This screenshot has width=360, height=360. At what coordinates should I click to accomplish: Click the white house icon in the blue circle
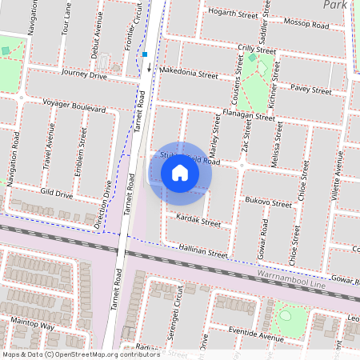(180, 172)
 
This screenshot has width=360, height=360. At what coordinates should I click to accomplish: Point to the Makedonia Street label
(189, 74)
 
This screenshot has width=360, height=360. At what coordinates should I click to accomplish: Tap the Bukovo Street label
(268, 204)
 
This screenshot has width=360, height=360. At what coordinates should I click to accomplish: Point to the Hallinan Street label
(203, 251)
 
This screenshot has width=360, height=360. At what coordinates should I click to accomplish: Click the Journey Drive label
(84, 75)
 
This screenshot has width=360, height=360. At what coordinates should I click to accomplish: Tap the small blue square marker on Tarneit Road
(146, 54)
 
